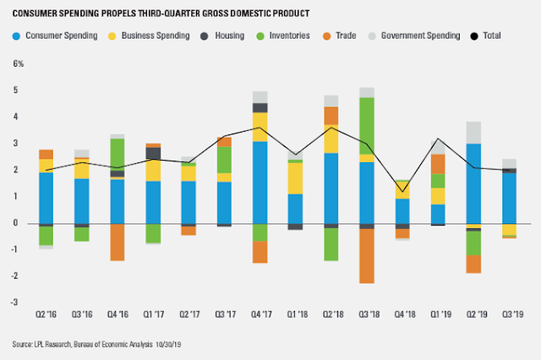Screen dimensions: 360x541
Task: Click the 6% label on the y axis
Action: [x=18, y=64]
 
